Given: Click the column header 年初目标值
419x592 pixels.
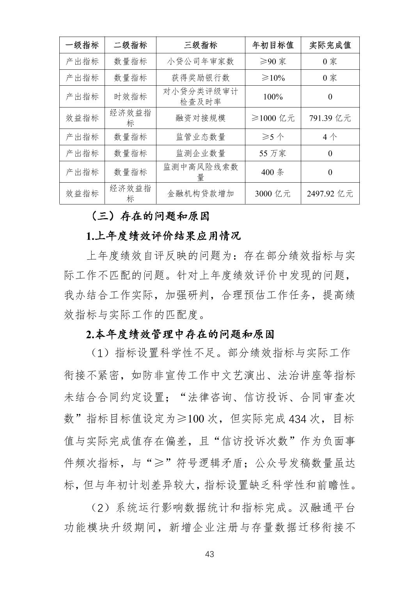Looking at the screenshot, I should pyautogui.click(x=273, y=45).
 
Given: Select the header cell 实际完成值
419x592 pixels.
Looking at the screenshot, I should pyautogui.click(x=330, y=45).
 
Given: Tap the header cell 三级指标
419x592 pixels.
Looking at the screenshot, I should pyautogui.click(x=201, y=45).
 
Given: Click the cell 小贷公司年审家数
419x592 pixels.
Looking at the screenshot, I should pyautogui.click(x=201, y=62).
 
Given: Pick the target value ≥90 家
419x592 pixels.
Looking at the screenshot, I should pyautogui.click(x=273, y=62).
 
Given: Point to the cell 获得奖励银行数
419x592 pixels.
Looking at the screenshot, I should pyautogui.click(x=201, y=78).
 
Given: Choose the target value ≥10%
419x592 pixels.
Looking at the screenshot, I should pyautogui.click(x=273, y=78).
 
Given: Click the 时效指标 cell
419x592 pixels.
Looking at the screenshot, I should pyautogui.click(x=130, y=97).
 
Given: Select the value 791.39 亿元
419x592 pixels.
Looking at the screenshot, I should pyautogui.click(x=330, y=118).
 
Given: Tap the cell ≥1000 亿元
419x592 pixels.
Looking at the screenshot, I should pyautogui.click(x=273, y=118).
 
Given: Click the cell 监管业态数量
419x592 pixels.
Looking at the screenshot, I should pyautogui.click(x=201, y=137).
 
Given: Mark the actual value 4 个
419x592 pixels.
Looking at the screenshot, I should pyautogui.click(x=330, y=137).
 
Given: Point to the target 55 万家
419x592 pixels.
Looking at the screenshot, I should pyautogui.click(x=273, y=153).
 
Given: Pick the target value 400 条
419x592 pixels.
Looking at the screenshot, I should pyautogui.click(x=273, y=172).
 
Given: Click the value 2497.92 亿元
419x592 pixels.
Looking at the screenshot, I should pyautogui.click(x=330, y=194).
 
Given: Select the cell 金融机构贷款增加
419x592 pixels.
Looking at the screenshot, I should pyautogui.click(x=201, y=194).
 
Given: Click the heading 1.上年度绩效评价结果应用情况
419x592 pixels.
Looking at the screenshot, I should pyautogui.click(x=163, y=236).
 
